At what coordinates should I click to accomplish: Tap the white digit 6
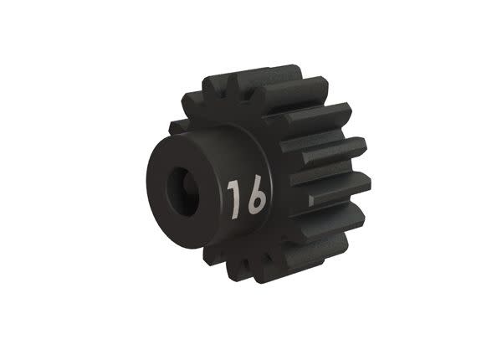256,198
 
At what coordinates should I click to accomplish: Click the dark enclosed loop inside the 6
256,203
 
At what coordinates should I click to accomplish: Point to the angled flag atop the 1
230,183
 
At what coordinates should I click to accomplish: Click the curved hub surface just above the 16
226,151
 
